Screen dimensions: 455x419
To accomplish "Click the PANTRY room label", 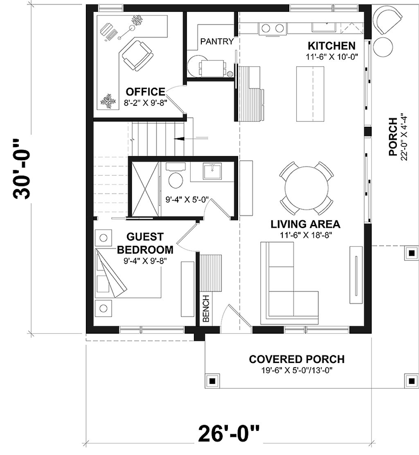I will click(217, 41).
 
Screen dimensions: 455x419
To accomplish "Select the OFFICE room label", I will click(145, 92).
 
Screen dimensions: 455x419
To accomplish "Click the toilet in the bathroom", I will click(176, 179).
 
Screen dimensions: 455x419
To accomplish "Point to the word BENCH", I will click(206, 308).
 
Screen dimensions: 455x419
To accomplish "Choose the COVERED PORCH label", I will click(297, 359).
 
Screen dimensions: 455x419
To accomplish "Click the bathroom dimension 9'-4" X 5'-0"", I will click(187, 200).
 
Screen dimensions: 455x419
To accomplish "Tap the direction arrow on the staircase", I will click(179, 139).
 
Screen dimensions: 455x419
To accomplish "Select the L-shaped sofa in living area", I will click(286, 286).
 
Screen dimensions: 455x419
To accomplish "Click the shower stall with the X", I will click(144, 188).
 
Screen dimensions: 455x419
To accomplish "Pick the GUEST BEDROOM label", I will click(145, 243).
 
